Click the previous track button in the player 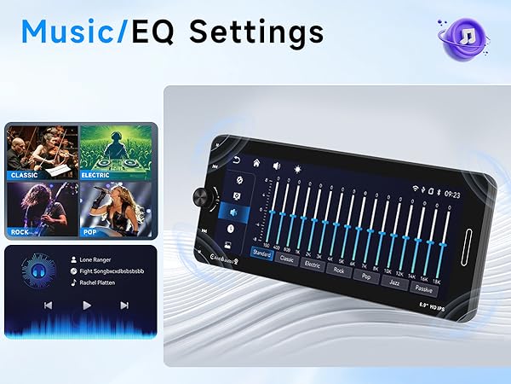click(49, 305)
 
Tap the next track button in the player click(124, 305)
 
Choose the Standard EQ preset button click(261, 253)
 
